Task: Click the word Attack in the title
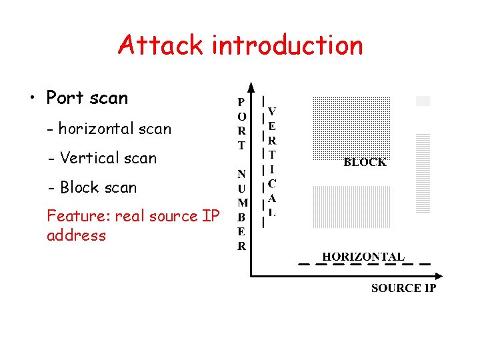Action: [x=160, y=45]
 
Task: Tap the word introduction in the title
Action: [x=287, y=45]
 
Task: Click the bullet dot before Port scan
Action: [x=31, y=99]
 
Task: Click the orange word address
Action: [x=76, y=235]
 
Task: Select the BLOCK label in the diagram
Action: [x=365, y=162]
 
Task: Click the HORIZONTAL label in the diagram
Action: [x=363, y=257]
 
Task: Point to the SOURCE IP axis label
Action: [x=403, y=288]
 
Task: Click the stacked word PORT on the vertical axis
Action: [x=241, y=124]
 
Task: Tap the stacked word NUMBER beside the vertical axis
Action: [x=241, y=209]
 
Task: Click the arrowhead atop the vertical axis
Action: [x=250, y=87]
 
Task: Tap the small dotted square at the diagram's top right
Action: [x=423, y=101]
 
